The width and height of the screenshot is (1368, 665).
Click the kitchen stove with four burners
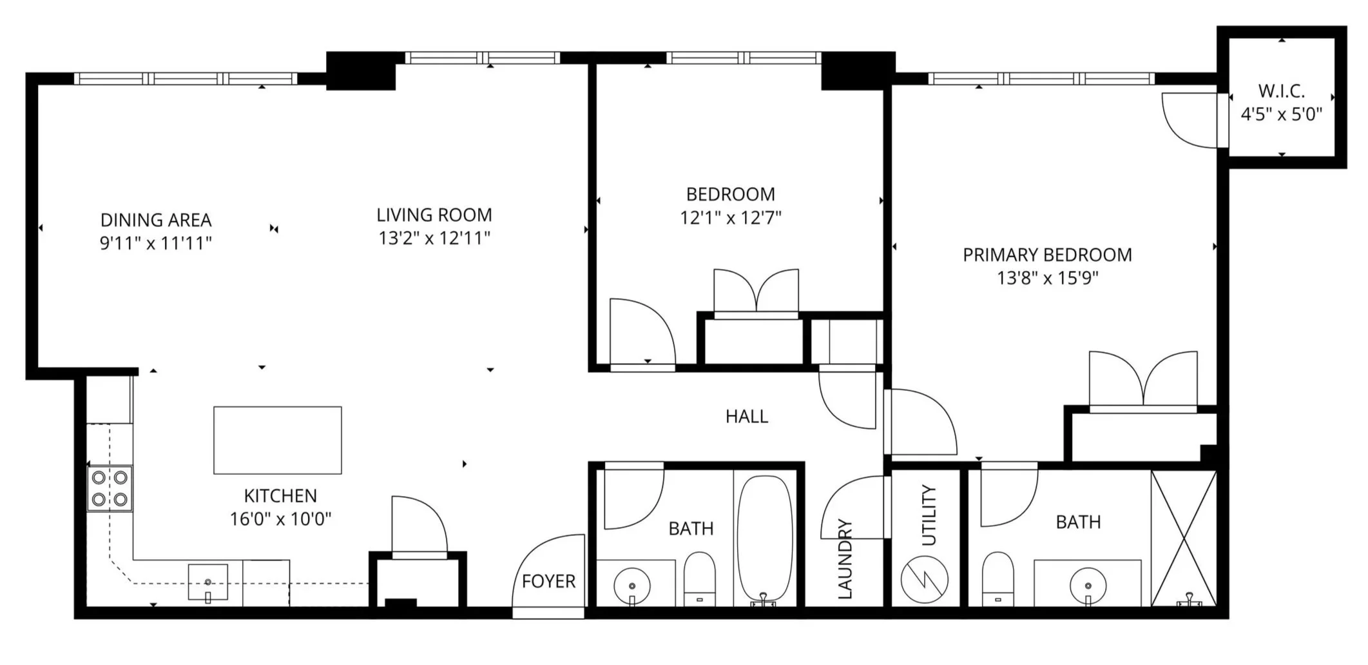[x=110, y=488]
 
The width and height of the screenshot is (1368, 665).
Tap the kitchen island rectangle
[x=277, y=440]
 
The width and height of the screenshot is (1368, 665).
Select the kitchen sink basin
[x=207, y=582]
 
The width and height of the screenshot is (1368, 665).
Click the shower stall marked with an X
[x=1183, y=539]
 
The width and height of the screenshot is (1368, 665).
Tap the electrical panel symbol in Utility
[x=925, y=579]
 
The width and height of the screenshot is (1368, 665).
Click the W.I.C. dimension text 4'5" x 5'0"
[x=1281, y=114]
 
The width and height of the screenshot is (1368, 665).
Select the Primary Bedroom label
[x=1047, y=255]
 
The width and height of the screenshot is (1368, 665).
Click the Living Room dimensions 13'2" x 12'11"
[x=434, y=238]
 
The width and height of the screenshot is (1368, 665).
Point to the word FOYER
[x=548, y=581]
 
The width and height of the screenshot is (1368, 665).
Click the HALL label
[x=747, y=417]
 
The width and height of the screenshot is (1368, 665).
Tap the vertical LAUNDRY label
[x=845, y=559]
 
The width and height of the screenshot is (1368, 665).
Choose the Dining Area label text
[x=156, y=220]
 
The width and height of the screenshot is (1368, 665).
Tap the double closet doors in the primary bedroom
[x=1142, y=381]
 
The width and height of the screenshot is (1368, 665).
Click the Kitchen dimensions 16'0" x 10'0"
[x=280, y=519]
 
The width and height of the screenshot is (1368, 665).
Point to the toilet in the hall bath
[x=699, y=577]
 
